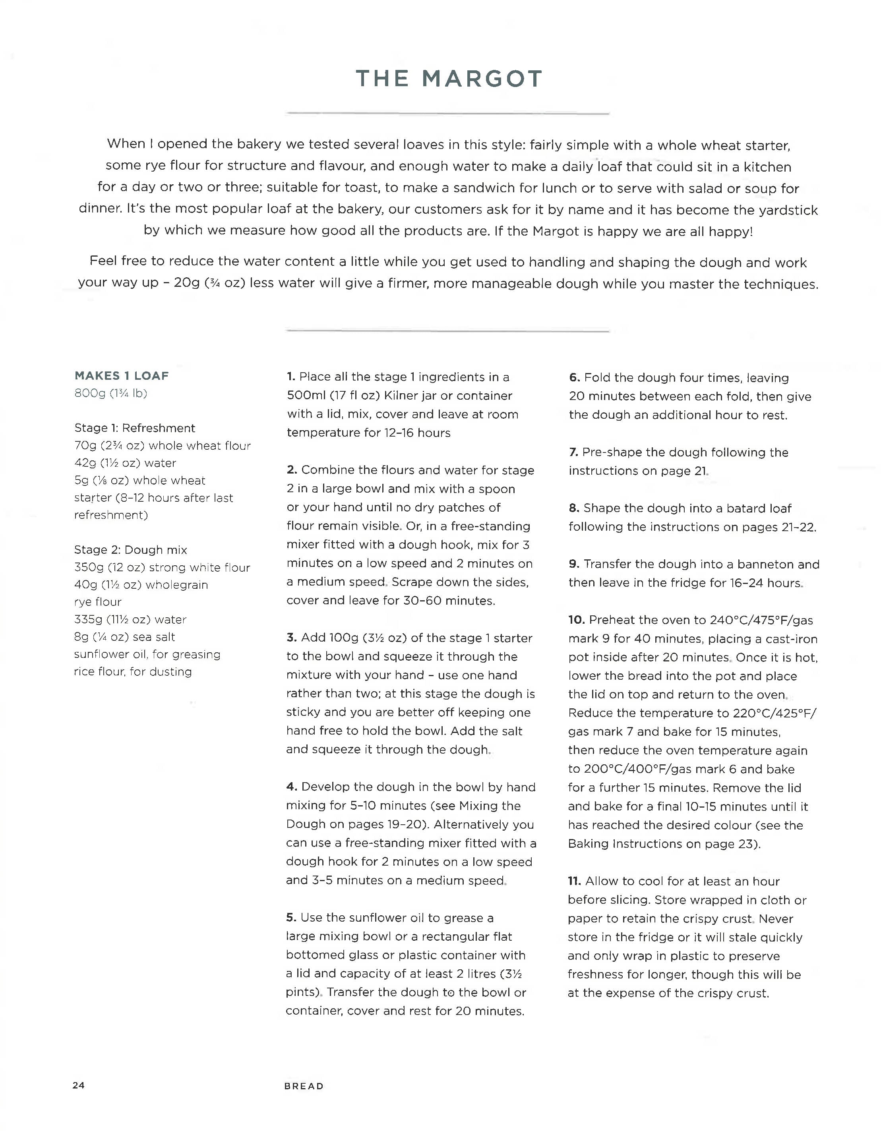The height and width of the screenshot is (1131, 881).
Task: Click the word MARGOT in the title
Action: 482,79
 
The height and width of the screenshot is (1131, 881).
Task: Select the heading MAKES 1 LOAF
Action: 122,375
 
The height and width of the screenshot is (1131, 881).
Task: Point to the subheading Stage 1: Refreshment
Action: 135,428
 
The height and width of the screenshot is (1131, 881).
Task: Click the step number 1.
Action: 290,377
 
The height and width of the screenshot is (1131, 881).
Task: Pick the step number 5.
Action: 290,918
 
